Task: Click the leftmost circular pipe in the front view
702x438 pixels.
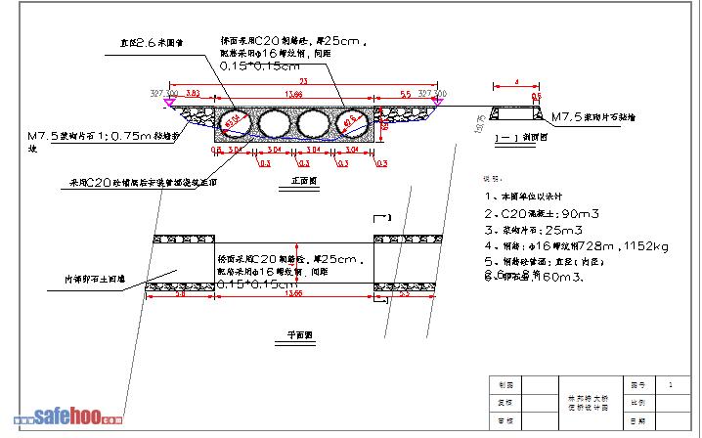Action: coord(234,121)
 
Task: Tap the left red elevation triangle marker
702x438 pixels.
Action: coord(170,101)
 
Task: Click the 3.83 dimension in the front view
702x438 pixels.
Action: coord(193,93)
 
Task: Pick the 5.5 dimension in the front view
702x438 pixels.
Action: coord(405,93)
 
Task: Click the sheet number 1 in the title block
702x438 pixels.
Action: coord(669,385)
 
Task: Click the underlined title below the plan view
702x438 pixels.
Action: coord(299,334)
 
